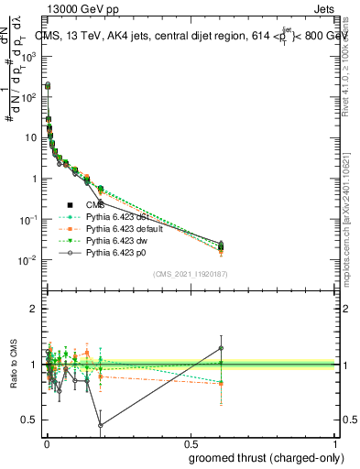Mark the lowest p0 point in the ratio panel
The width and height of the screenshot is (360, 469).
coord(100,425)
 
